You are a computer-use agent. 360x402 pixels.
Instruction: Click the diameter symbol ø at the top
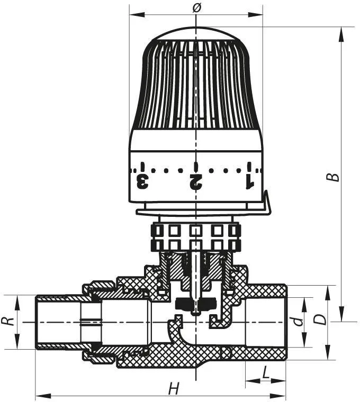[196, 8]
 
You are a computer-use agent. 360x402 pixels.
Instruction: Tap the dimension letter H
[174, 388]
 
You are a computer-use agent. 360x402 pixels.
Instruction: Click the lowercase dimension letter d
[298, 321]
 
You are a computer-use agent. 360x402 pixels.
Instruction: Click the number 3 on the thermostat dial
[142, 182]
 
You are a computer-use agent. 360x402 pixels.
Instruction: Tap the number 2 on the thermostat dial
[195, 182]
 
